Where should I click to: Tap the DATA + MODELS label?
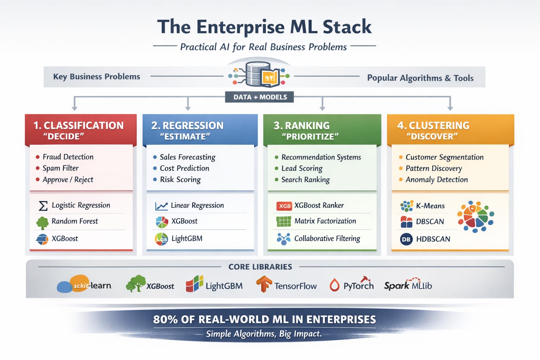click(260, 97)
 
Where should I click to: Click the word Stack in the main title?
click(347, 27)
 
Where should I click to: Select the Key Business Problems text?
click(96, 77)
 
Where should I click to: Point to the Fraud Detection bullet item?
click(68, 157)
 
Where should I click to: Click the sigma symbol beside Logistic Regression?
click(43, 206)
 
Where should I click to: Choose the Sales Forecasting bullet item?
click(187, 157)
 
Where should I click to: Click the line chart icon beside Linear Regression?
click(161, 206)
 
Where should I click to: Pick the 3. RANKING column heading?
click(302, 126)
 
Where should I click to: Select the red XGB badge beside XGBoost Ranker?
click(284, 206)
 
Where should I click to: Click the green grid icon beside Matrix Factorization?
click(284, 221)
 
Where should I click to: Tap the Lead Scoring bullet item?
click(302, 168)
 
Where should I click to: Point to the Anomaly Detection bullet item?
click(436, 180)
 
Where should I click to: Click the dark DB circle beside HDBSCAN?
click(406, 239)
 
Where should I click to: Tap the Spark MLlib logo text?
click(408, 285)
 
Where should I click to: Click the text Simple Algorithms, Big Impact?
click(264, 334)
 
